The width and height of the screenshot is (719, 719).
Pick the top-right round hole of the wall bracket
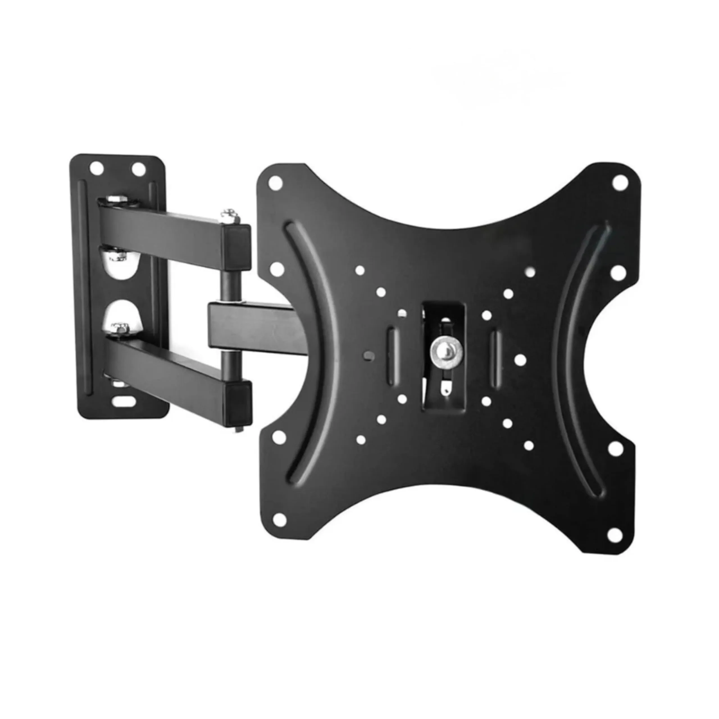pos(138,170)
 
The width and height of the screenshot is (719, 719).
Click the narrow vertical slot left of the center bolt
pos(392,355)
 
